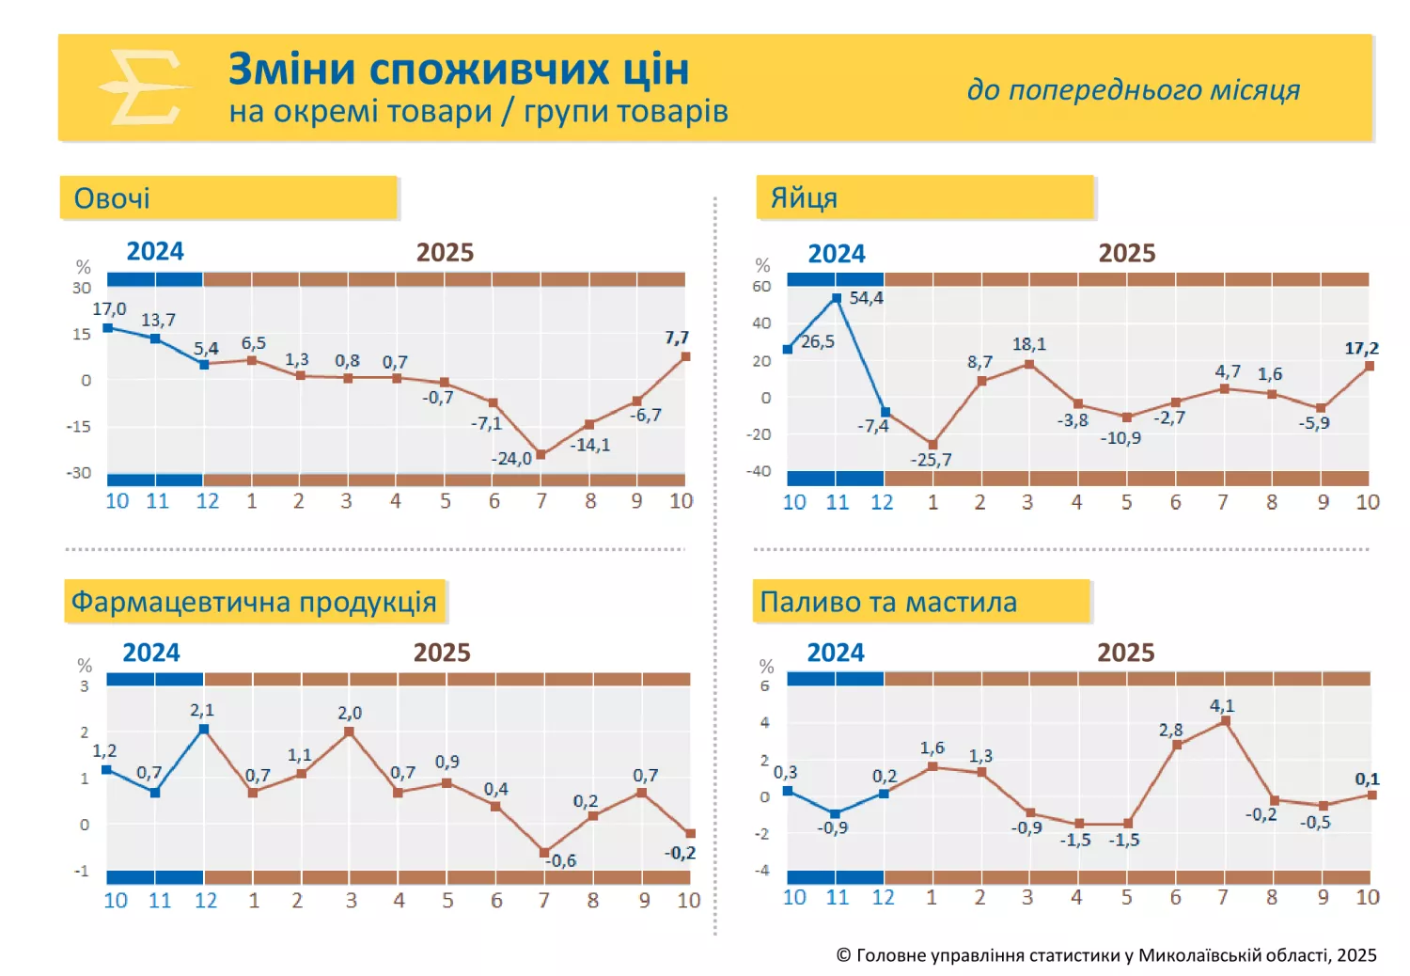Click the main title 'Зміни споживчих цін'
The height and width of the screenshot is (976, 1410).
coord(459,70)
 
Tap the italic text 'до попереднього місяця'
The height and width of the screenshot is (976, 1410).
coord(1133,89)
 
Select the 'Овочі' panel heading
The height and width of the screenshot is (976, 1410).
coord(112,198)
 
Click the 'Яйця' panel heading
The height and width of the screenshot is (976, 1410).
coord(804,198)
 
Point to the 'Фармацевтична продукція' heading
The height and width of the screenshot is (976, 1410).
coord(254,602)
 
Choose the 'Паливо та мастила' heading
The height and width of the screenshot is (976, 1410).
coord(888,602)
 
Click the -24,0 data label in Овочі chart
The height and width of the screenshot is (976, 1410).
coord(511,459)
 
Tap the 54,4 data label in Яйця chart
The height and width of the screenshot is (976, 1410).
coord(866,298)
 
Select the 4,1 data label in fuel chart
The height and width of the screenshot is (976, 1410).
coord(1221,705)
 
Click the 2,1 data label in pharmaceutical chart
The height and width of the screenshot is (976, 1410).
coord(202,710)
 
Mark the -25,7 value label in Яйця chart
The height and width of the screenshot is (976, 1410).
coord(931,460)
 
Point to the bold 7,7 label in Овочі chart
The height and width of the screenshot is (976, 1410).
coord(677,338)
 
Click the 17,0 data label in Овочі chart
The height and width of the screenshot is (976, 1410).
coord(109,309)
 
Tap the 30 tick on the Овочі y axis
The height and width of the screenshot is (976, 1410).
coord(82,288)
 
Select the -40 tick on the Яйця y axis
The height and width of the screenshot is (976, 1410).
coord(759,471)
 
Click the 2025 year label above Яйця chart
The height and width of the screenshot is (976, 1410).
coord(1126,253)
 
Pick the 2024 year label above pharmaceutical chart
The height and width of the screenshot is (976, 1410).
coord(151,653)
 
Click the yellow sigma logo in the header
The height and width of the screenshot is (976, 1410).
coord(144,87)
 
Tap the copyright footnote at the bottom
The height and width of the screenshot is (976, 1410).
coord(1106,955)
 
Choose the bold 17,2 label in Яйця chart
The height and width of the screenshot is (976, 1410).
coord(1361,349)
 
